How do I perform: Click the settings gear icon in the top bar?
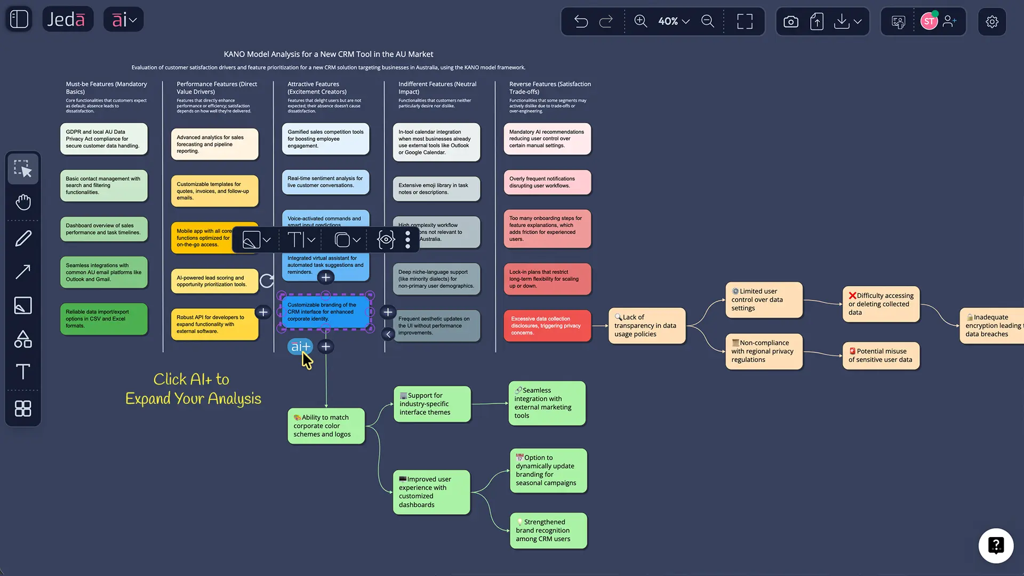coord(991,21)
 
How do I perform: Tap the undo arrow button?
coord(581,21)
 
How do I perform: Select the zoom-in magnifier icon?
coord(640,21)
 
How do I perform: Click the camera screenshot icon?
coord(790,21)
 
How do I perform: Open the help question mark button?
coord(996,546)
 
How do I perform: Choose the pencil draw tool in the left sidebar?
coord(23,238)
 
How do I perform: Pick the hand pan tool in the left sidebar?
coord(23,202)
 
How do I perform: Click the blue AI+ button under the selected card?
coord(300,347)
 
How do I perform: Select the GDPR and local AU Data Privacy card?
coord(103,139)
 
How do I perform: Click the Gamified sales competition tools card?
coord(325,139)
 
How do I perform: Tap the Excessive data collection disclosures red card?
coord(547,325)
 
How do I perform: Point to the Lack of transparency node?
coord(646,325)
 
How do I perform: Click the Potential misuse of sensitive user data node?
coord(881,355)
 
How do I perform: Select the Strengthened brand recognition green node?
coord(548,530)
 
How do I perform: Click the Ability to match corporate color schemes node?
coord(326,426)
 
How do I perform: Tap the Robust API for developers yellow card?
coord(214,324)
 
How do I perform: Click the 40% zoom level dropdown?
coord(674,21)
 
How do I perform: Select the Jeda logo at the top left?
coord(67,20)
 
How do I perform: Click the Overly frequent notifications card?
coord(547,182)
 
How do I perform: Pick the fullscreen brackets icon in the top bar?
coord(745,21)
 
